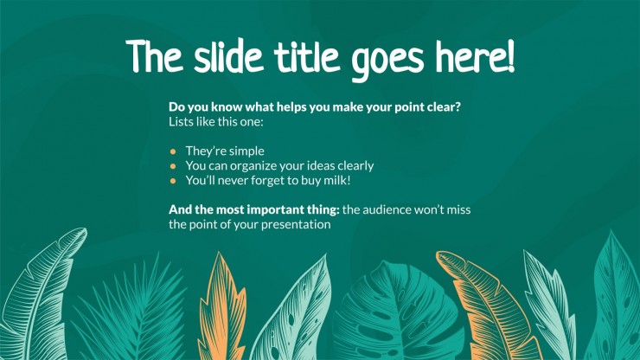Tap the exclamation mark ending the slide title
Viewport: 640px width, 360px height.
tap(509, 56)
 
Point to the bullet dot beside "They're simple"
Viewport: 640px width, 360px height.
tap(173, 151)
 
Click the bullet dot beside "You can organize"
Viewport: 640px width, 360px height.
tap(173, 166)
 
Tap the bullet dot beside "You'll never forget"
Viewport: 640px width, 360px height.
tap(173, 181)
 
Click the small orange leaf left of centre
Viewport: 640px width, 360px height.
tap(222, 306)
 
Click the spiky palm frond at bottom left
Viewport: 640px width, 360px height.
tap(131, 311)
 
